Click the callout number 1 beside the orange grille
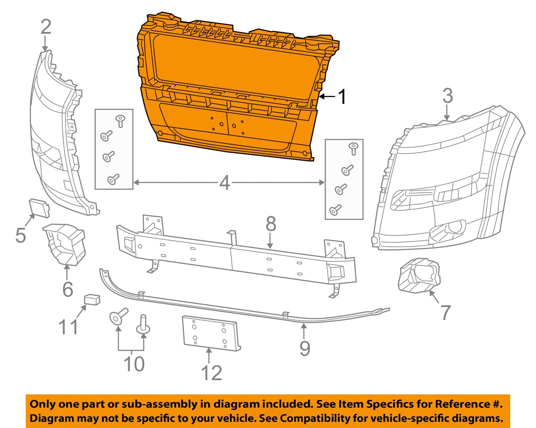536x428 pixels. pyautogui.click(x=342, y=97)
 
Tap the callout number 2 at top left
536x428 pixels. pyautogui.click(x=46, y=27)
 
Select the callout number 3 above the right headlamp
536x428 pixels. pyautogui.click(x=447, y=96)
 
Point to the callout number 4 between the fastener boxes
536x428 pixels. pyautogui.click(x=224, y=183)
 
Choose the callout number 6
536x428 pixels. pyautogui.click(x=68, y=289)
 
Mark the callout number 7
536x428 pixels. pyautogui.click(x=445, y=312)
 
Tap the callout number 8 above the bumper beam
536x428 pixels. pyautogui.click(x=271, y=224)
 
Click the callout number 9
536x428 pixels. pyautogui.click(x=304, y=348)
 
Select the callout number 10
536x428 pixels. pyautogui.click(x=134, y=364)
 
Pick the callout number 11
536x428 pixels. pyautogui.click(x=68, y=326)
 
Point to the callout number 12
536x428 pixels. pyautogui.click(x=212, y=373)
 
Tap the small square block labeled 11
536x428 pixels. pyautogui.click(x=92, y=300)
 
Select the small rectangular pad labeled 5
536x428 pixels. pyautogui.click(x=39, y=208)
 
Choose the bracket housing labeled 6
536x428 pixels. pyautogui.click(x=65, y=244)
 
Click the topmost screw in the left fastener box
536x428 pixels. pyautogui.click(x=120, y=121)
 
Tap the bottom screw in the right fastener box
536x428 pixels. pyautogui.click(x=335, y=210)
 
